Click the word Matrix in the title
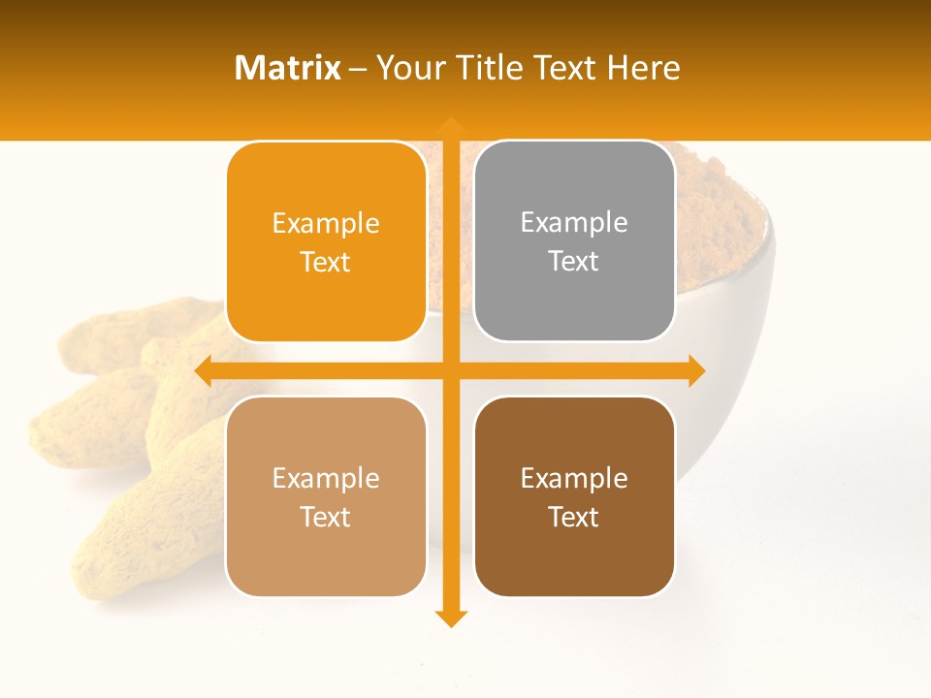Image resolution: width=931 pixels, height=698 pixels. [x=288, y=68]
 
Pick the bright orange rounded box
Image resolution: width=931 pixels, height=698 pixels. [x=326, y=242]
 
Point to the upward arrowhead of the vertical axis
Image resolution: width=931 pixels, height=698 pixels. [x=450, y=125]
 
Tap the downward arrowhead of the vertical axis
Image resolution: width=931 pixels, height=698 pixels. [x=450, y=619]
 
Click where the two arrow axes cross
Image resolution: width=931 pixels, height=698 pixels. [x=450, y=371]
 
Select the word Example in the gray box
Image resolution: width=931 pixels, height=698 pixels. [x=574, y=223]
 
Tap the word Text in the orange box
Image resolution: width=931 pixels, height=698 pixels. [x=326, y=263]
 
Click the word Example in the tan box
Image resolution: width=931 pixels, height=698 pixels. [x=326, y=478]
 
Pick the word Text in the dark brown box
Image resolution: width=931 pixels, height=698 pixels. [x=574, y=517]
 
